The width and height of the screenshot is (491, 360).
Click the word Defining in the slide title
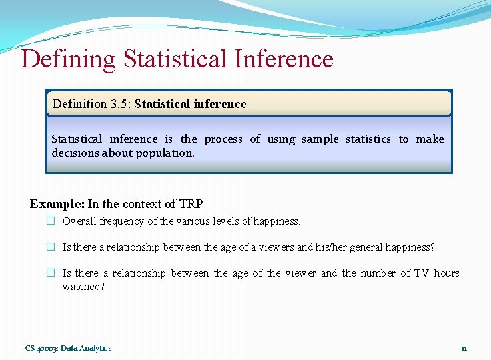pyautogui.click(x=68, y=59)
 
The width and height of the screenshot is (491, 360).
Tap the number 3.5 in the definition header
pyautogui.click(x=118, y=104)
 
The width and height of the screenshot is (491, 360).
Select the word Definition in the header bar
pyautogui.click(x=79, y=104)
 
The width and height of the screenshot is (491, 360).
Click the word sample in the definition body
pyautogui.click(x=320, y=139)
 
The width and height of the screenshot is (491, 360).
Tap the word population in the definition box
pyautogui.click(x=167, y=153)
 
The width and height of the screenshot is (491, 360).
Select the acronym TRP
pyautogui.click(x=191, y=204)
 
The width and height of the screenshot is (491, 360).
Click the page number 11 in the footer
pyautogui.click(x=464, y=348)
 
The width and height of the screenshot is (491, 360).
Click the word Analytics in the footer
pyautogui.click(x=97, y=348)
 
